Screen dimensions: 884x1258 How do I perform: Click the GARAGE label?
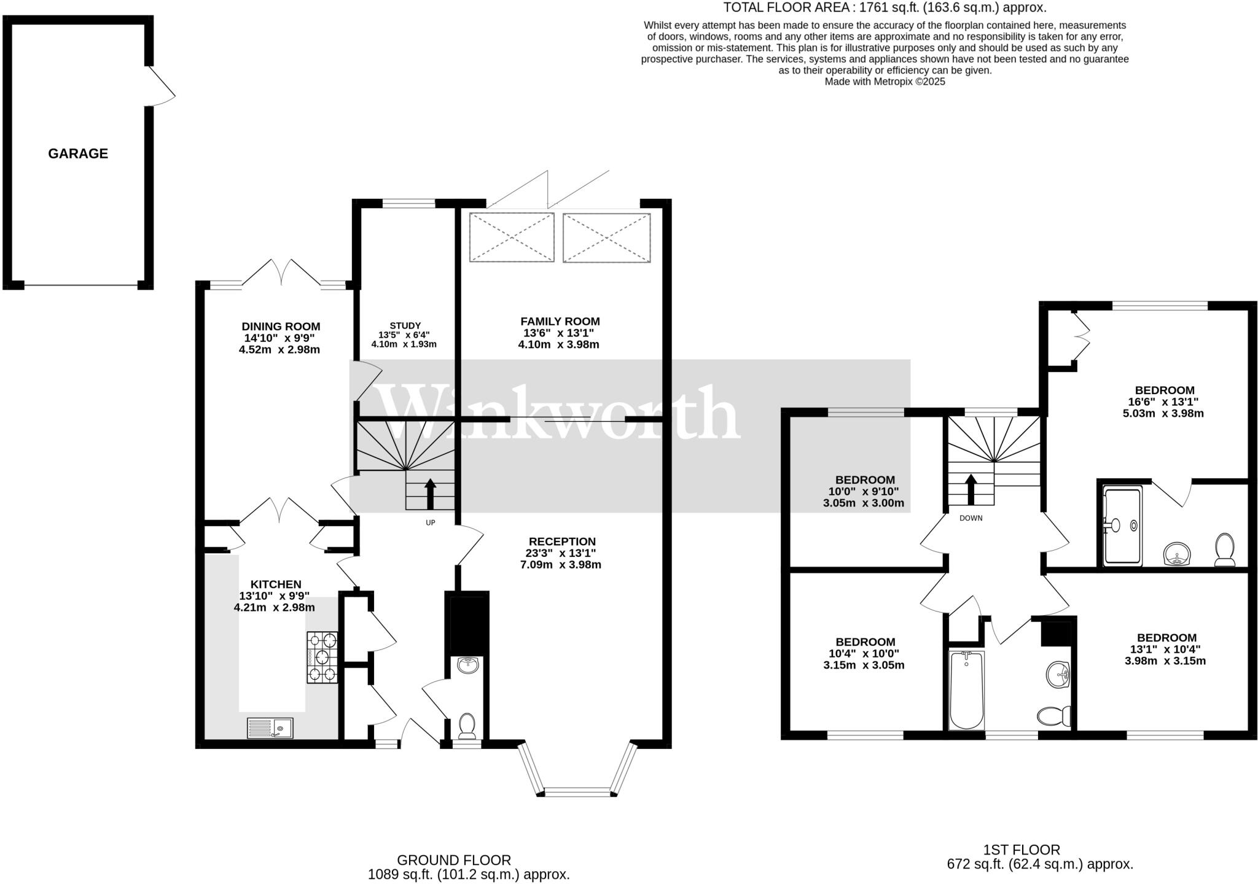pos(78,153)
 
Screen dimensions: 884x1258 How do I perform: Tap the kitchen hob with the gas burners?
pos(322,657)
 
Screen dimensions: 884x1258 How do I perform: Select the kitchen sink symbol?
pos(271,728)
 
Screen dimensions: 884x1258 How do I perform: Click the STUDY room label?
pos(405,325)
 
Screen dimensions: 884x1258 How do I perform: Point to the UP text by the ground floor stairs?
pos(430,522)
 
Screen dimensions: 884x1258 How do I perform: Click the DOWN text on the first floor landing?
pos(971,518)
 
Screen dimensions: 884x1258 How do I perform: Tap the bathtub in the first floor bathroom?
pos(966,690)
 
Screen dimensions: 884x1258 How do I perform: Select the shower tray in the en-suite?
pos(1122,526)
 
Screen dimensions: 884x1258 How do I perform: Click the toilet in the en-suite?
pos(1225,549)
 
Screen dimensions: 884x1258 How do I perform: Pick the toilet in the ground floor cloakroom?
pos(467,725)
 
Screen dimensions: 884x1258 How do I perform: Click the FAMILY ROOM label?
pos(560,321)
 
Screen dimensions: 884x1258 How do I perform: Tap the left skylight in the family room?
pos(512,237)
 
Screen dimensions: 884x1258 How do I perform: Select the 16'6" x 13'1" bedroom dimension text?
pos(1164,401)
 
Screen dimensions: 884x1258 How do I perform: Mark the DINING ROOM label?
pos(281,327)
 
